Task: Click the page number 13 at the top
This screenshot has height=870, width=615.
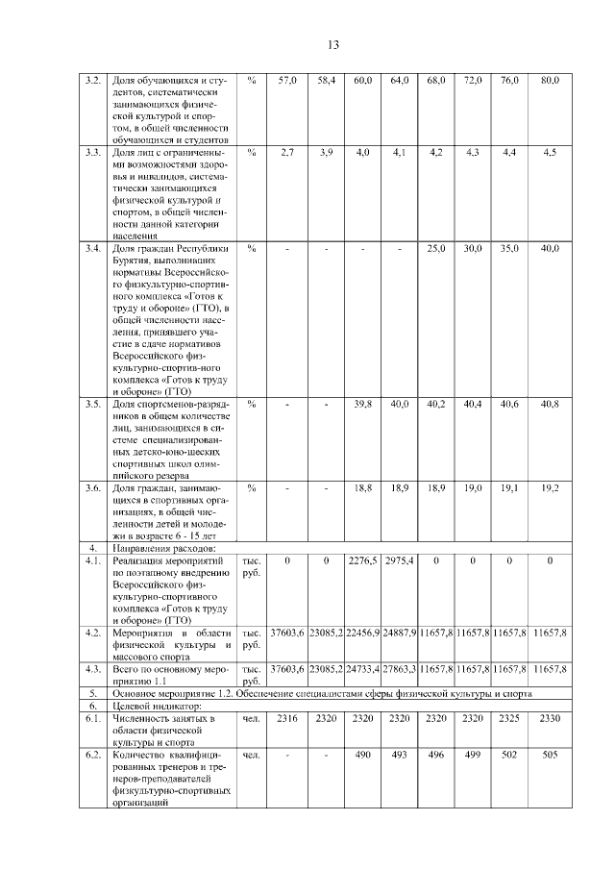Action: tap(333, 44)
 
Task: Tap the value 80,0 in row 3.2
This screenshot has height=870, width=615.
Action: tap(550, 81)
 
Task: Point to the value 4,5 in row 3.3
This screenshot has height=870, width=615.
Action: tap(550, 153)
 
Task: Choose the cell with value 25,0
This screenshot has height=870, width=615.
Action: tap(436, 248)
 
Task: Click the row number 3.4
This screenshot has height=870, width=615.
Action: tap(93, 248)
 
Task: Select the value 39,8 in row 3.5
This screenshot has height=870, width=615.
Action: tap(362, 404)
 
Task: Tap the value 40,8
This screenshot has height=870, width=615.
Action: tap(550, 404)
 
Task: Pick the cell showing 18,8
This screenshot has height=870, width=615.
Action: tap(362, 488)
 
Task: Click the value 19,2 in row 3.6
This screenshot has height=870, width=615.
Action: tap(550, 488)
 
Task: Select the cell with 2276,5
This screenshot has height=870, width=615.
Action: tap(362, 560)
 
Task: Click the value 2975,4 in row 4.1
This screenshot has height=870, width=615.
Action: tap(400, 560)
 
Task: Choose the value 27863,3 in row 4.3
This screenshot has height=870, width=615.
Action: tap(400, 667)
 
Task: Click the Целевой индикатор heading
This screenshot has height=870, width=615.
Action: tap(154, 706)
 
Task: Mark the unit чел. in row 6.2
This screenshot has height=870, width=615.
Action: tap(251, 756)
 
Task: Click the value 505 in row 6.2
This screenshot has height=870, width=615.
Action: tap(550, 756)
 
